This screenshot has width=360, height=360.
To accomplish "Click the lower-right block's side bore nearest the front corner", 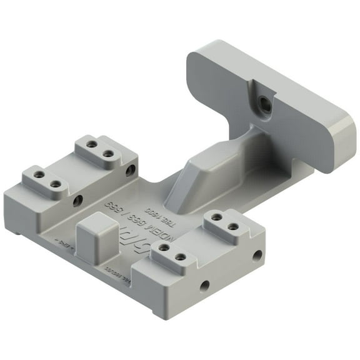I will tap(204, 286).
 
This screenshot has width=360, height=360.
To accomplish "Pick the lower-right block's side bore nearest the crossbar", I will tap(257, 255).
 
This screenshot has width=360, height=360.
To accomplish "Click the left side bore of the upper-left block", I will tap(77, 201).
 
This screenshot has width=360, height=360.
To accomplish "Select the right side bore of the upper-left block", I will tap(130, 169).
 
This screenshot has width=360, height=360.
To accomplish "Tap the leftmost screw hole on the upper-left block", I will tap(39, 176).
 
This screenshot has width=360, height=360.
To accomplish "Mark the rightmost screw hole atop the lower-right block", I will tap(232, 226).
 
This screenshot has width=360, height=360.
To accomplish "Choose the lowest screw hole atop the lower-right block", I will tap(164, 249).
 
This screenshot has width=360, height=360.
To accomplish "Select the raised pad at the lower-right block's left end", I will tap(172, 252).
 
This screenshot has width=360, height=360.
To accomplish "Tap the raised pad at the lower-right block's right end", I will tap(224, 221).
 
